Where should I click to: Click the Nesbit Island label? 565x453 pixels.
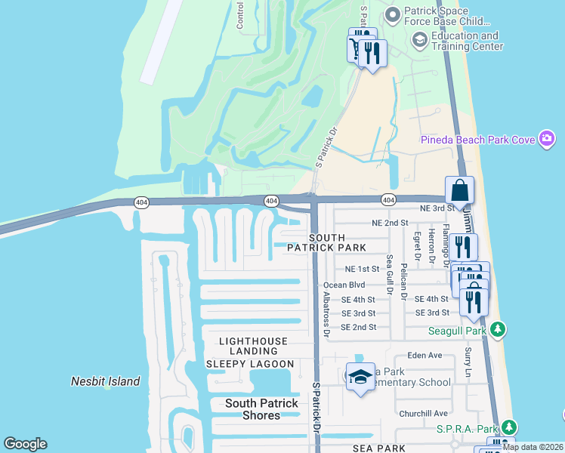coord(105,381)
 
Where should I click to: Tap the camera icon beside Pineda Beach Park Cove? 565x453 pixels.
coord(548,139)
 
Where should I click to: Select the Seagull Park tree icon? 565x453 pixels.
coord(497,329)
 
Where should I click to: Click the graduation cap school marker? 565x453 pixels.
coord(360,376)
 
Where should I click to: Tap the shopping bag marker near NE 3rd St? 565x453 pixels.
coord(459,191)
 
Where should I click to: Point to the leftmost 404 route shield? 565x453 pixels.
coord(140,202)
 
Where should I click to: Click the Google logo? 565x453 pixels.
coord(25,444)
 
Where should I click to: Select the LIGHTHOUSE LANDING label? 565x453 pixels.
coord(253,342)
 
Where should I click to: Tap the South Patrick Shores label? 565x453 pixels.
coord(261,410)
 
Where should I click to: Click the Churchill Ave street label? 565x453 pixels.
coord(424,413)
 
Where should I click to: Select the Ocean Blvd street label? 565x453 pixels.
coord(344,285)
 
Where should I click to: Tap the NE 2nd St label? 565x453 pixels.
coord(390,223)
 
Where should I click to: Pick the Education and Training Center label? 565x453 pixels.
coord(466,41)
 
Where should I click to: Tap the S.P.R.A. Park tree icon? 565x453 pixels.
coord(509,428)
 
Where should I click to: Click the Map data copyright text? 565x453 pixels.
coord(532,446)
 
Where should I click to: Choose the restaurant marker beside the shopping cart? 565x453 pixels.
coord(372,53)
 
